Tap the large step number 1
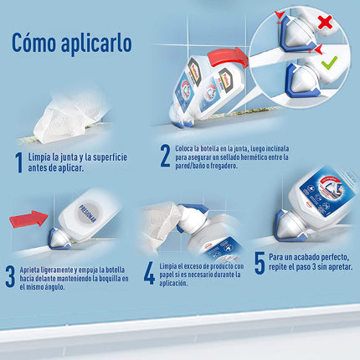[x=18, y=160]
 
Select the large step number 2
[x=165, y=156]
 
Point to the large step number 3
[x=10, y=277]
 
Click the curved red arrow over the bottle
[x=229, y=60]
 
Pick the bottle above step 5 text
[x=313, y=201]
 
